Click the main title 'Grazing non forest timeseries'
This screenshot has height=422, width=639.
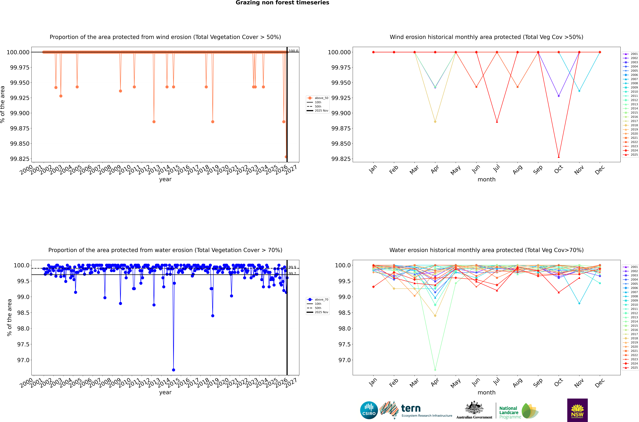point(282,3)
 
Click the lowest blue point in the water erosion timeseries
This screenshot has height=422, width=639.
point(173,370)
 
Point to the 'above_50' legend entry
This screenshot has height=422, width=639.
point(321,98)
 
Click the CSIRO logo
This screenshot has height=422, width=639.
point(369,410)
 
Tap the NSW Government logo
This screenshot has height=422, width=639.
point(577,410)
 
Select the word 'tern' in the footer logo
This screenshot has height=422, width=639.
point(411,408)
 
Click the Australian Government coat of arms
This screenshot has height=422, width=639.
point(474,408)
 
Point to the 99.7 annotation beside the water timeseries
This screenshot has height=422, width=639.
point(292,273)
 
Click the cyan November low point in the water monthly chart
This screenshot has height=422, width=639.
point(579,303)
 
